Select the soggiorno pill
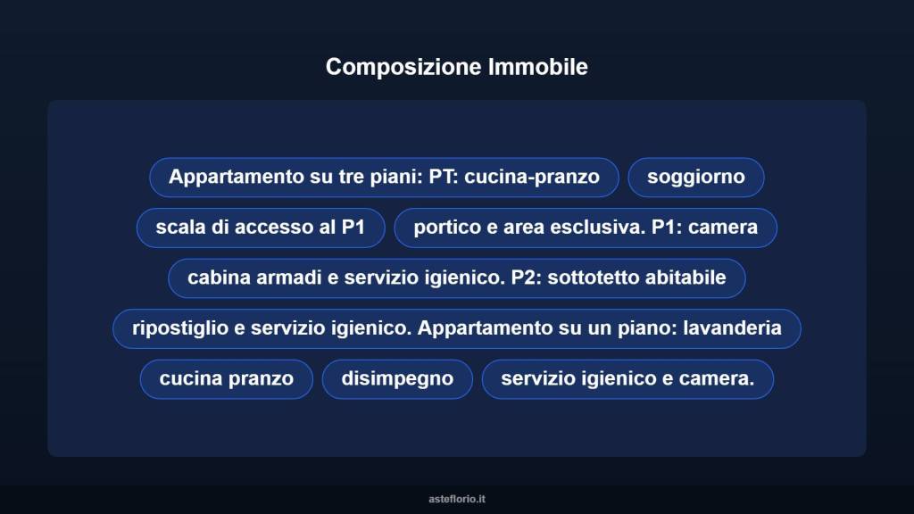pos(696,177)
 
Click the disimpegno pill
pos(397,378)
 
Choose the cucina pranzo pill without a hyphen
pos(226,378)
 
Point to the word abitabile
pos(689,278)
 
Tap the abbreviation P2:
pos(527,278)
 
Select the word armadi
pos(287,278)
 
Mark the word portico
pos(446,228)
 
